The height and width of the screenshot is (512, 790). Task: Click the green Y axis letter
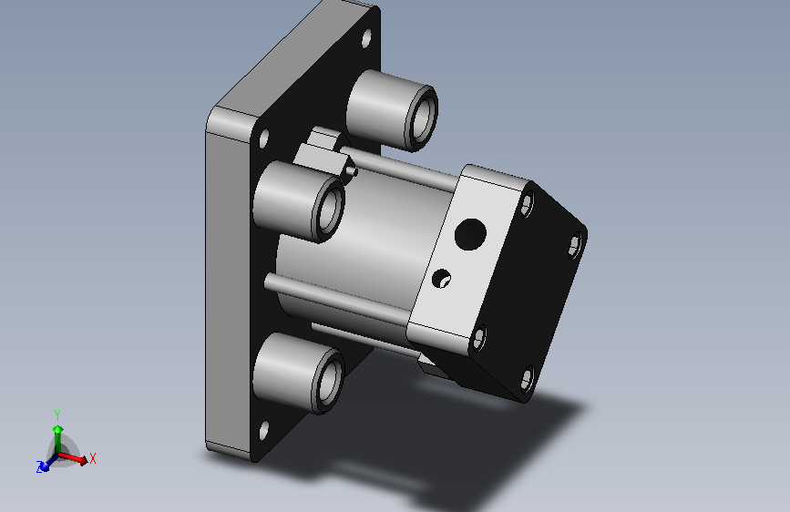click(x=57, y=415)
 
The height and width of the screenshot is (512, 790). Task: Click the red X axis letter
click(x=93, y=458)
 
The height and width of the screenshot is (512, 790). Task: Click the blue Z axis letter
click(x=39, y=467)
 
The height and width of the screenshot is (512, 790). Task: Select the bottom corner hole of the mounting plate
click(x=263, y=431)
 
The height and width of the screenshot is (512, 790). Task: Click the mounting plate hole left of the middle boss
click(x=263, y=138)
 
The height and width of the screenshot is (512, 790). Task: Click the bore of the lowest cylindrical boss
click(x=331, y=381)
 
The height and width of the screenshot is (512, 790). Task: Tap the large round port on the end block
click(x=470, y=234)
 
